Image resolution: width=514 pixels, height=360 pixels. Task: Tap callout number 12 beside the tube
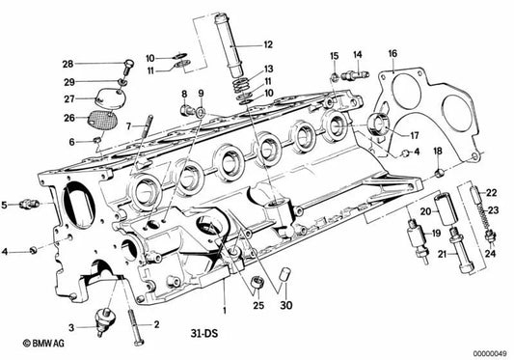(267, 43)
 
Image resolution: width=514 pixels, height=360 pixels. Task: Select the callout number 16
(392, 53)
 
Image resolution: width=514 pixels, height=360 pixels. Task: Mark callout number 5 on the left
(6, 205)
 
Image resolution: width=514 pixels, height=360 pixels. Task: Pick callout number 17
(416, 135)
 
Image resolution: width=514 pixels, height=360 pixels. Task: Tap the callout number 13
(269, 69)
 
